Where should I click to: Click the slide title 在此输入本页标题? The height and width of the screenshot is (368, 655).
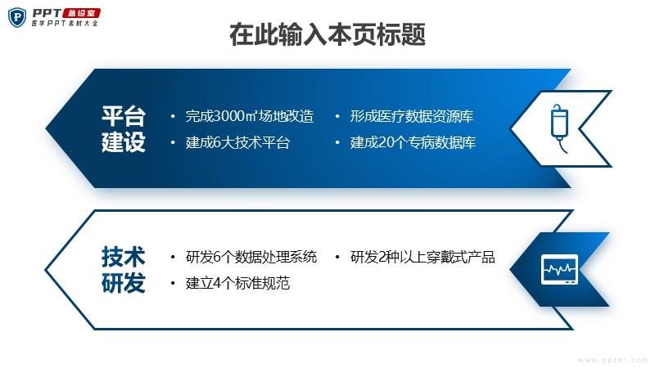coord(327,34)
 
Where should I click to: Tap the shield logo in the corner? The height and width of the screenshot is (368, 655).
coord(17,17)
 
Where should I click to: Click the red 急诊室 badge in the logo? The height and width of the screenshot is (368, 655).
coord(82,13)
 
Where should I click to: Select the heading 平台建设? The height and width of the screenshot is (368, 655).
coord(124,129)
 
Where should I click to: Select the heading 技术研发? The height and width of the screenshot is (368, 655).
coord(124,270)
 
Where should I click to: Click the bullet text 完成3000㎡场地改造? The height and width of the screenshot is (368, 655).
coord(250,116)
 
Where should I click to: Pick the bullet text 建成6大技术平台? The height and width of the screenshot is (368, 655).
coord(237,142)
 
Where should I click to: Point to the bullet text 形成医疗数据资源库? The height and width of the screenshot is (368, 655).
coord(412,116)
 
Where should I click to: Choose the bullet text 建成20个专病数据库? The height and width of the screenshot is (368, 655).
coord(413,142)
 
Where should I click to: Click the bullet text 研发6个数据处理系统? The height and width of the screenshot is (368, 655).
coord(251,257)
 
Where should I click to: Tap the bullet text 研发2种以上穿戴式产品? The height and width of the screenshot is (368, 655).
coord(422,257)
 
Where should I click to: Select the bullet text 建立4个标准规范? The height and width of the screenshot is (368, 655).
coord(237,283)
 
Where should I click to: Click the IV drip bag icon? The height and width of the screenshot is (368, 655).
coord(559,128)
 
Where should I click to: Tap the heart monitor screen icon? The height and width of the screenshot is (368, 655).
coord(559,270)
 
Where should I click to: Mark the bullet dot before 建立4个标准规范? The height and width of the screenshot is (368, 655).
coord(173,284)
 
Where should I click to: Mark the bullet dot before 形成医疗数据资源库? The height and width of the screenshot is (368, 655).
coord(337,116)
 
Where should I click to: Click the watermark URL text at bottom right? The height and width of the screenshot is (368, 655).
coord(613,360)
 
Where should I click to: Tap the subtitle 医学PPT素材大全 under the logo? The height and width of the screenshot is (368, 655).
coord(65,24)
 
